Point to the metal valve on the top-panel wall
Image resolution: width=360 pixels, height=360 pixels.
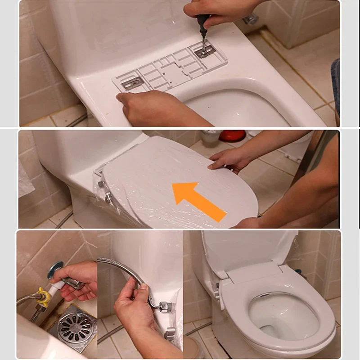[251, 19]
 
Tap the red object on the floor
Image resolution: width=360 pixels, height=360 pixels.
[232, 135]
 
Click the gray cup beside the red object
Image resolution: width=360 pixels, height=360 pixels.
[210, 138]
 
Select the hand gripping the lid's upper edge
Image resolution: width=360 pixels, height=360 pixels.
[232, 157]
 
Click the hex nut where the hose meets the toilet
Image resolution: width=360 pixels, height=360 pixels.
[165, 306]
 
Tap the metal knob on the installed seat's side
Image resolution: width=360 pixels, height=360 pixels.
[216, 295]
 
